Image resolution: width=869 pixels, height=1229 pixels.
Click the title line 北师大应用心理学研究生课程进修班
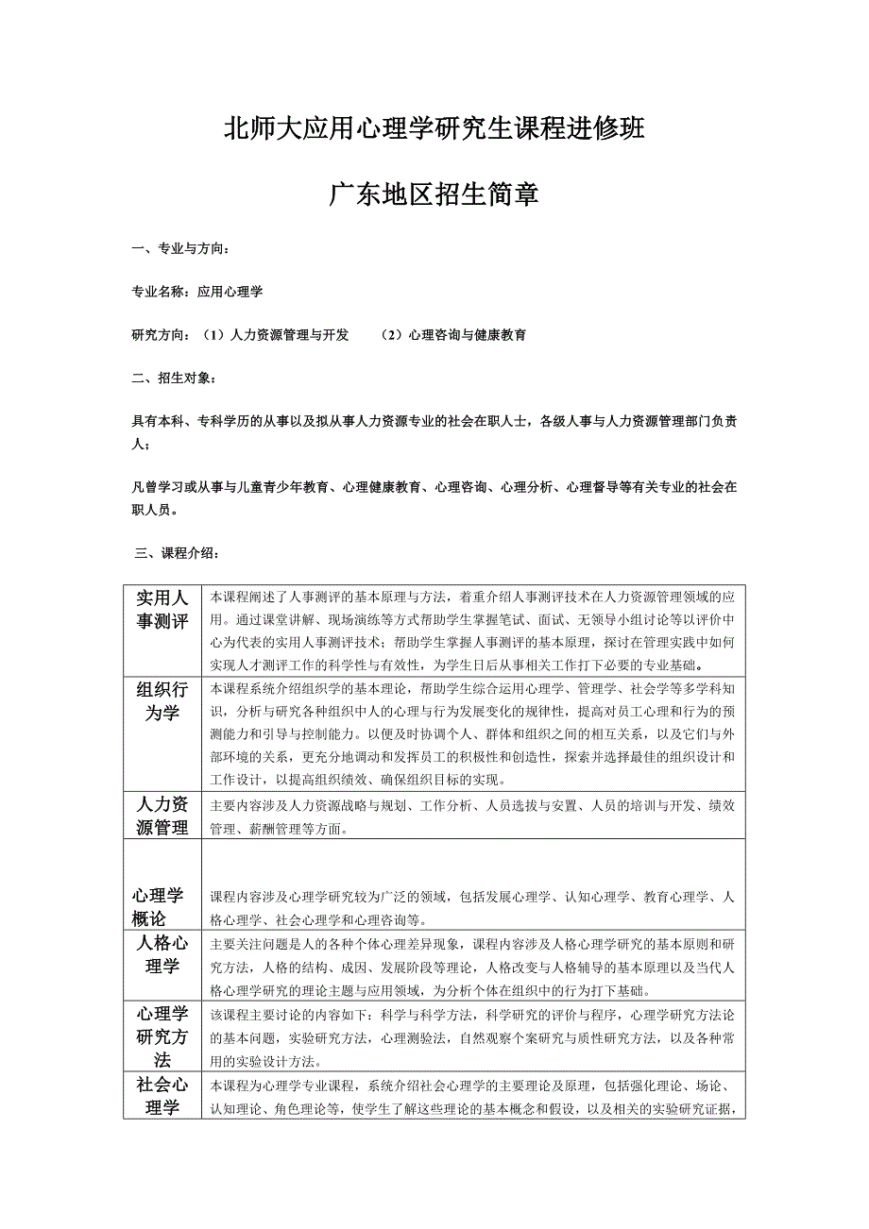[434, 129]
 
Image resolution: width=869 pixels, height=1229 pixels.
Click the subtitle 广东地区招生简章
[434, 195]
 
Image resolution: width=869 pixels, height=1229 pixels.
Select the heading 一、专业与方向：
[179, 250]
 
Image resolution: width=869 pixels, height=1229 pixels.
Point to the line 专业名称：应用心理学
[196, 293]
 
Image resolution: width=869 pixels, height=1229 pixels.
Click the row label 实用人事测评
[162, 610]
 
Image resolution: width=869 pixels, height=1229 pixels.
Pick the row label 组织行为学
[162, 700]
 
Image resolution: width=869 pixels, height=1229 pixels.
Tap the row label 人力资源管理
[162, 816]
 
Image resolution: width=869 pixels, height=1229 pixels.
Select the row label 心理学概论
[158, 906]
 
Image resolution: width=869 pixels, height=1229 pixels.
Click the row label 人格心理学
[162, 954]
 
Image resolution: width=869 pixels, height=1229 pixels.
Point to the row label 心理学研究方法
[162, 1036]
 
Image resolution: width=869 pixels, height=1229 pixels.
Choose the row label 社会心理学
[162, 1096]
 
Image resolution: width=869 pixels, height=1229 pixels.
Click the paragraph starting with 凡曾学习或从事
[434, 498]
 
